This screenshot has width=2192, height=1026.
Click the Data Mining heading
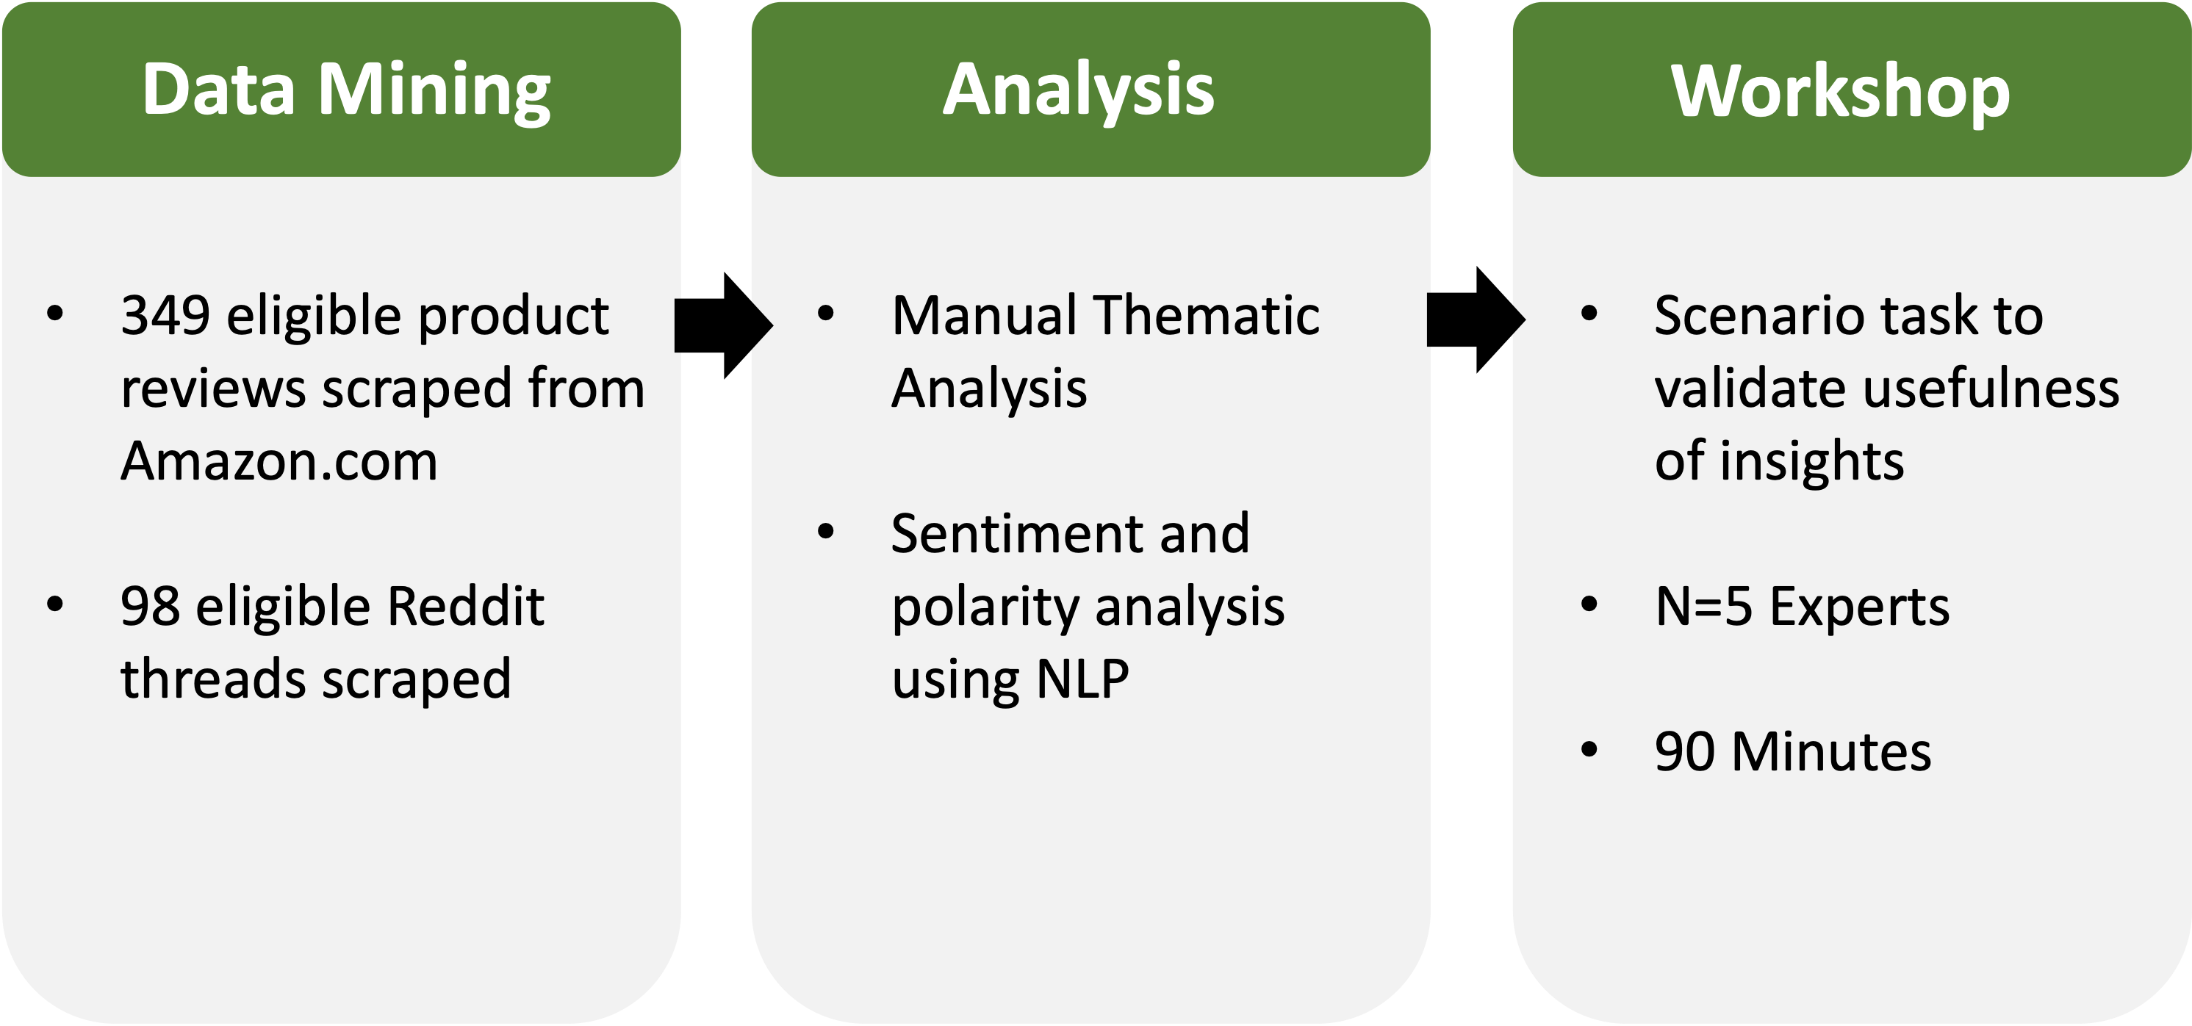(345, 90)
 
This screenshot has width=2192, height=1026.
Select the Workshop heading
(1841, 91)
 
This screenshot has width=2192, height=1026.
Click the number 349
(165, 316)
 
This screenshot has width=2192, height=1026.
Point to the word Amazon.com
(279, 461)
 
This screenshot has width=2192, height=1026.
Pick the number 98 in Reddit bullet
(151, 607)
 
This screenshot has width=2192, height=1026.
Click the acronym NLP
(1082, 679)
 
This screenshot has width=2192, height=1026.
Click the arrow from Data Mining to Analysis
(723, 325)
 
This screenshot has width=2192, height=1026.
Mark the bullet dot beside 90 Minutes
(1589, 751)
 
